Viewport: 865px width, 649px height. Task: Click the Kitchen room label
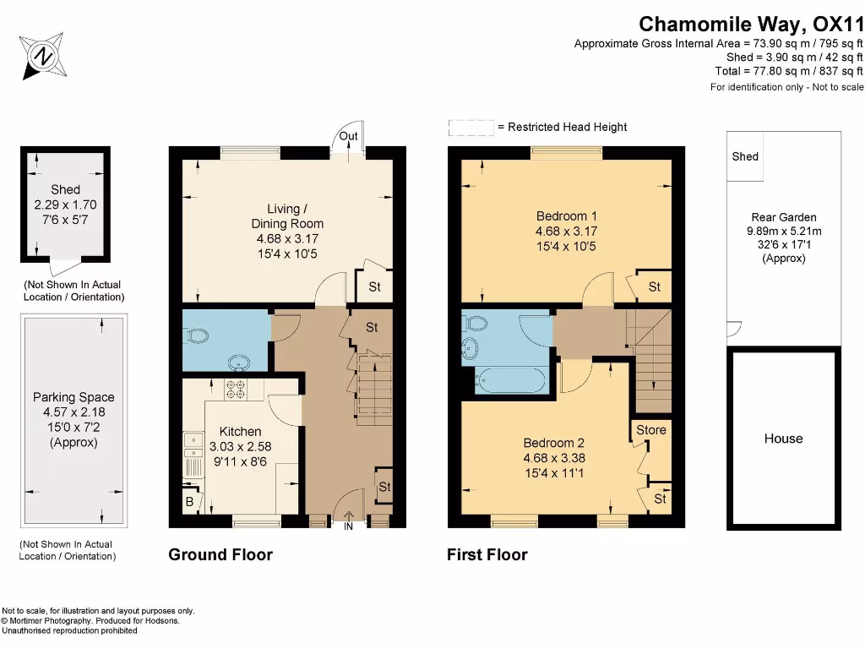coord(241,431)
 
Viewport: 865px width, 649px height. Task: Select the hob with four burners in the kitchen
coord(234,390)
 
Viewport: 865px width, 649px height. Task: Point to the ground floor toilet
coord(199,336)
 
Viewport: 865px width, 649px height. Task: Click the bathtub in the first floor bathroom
coord(506,380)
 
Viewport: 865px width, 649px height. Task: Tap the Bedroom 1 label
coord(566,215)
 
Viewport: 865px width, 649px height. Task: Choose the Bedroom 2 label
coord(554,443)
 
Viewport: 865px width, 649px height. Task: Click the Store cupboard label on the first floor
coord(650,430)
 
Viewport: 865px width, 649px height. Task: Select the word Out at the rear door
coord(348,136)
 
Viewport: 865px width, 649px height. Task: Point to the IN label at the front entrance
coord(347,526)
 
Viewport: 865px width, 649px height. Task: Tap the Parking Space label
coord(73,397)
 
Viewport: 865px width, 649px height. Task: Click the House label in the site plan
coord(783,439)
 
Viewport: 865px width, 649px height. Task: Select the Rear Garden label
coord(784,217)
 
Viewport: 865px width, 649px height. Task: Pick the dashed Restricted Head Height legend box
coord(471,128)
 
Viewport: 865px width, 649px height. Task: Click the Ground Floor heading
coord(220,554)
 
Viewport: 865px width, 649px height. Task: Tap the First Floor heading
coord(487,554)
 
